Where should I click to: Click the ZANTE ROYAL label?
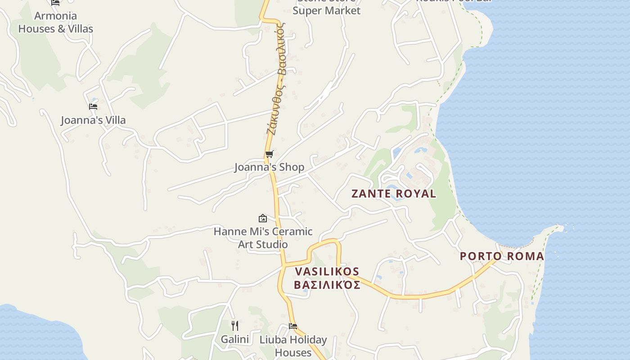point(393,194)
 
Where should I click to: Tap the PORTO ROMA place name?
point(502,256)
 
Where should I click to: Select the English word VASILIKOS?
point(327,271)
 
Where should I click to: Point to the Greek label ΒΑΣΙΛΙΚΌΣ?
point(327,285)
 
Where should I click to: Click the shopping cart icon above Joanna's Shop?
point(269,154)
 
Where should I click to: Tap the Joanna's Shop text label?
point(269,167)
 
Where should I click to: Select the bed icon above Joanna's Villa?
point(93,107)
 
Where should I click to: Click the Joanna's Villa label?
point(93,120)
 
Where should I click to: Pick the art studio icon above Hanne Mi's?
point(263,219)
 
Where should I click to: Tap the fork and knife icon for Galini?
point(234,325)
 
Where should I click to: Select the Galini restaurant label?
point(234,339)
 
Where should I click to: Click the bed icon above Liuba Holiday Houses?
point(293,326)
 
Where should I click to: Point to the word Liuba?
point(271,340)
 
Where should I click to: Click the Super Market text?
point(326,11)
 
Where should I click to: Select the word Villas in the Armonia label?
point(81,29)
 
